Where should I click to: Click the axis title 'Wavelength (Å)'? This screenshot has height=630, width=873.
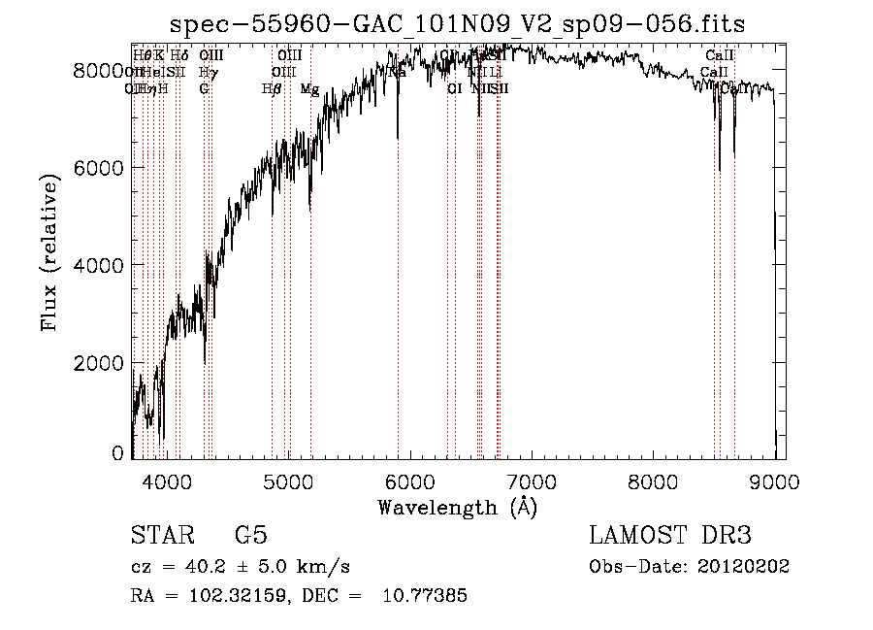click(x=458, y=507)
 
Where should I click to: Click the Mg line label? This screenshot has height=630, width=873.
click(x=309, y=89)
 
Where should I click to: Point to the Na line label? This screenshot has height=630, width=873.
click(x=398, y=73)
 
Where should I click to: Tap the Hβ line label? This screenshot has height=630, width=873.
click(x=272, y=89)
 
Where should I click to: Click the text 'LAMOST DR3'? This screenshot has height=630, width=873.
click(x=670, y=536)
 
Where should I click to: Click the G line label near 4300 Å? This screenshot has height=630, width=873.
click(x=205, y=89)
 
